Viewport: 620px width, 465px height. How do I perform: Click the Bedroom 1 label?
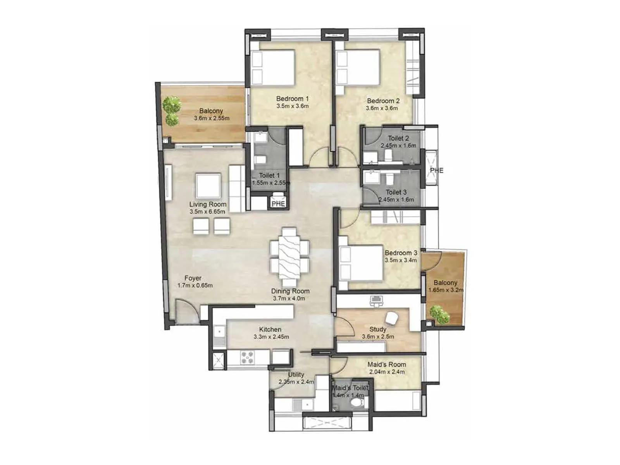(x=292, y=98)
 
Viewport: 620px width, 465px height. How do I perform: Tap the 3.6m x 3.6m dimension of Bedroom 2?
(x=382, y=108)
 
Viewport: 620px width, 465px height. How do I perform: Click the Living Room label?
(x=208, y=204)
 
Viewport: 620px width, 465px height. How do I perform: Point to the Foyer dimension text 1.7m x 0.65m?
(x=195, y=286)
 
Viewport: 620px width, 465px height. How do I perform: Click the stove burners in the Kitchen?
(x=247, y=357)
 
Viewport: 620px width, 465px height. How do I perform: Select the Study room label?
(x=377, y=329)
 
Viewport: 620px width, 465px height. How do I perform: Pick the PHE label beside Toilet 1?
(x=278, y=203)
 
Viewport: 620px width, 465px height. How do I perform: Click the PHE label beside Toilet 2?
(x=437, y=170)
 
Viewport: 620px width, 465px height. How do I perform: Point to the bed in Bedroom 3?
(x=361, y=263)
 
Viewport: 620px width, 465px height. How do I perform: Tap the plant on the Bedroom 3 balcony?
(x=439, y=314)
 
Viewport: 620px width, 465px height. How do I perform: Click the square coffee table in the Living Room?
(x=208, y=186)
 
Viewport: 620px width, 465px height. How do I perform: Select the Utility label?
(x=296, y=374)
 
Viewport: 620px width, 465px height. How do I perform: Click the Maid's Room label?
(x=387, y=364)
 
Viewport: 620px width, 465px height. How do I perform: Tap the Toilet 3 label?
(x=396, y=192)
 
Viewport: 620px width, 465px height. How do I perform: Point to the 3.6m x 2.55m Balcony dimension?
(x=212, y=118)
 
